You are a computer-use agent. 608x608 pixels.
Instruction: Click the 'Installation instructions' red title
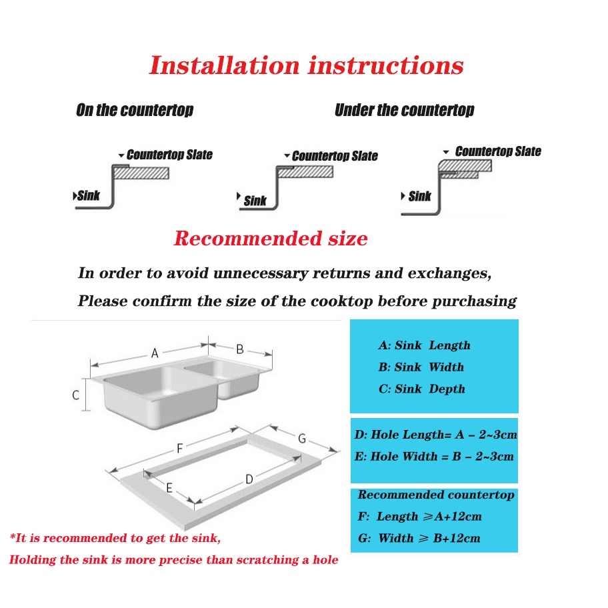tap(306, 66)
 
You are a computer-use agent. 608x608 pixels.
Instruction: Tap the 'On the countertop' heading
tap(135, 110)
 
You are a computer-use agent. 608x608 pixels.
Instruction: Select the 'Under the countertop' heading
tap(404, 110)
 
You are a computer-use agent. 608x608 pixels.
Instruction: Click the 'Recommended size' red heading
tap(271, 238)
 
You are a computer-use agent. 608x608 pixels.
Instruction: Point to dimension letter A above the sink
tap(155, 353)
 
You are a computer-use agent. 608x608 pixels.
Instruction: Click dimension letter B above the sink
tap(240, 349)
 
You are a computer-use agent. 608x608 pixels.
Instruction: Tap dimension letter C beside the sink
tap(76, 395)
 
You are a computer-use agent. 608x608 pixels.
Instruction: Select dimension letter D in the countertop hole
tap(249, 479)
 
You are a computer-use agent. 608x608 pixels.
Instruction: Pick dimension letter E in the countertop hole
tap(169, 489)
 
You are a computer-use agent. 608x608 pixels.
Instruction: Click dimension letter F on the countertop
tap(179, 449)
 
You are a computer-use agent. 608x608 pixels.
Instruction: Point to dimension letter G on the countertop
tap(302, 439)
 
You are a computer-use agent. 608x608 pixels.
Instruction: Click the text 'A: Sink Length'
tap(424, 345)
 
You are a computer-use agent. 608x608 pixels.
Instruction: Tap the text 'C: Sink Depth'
tap(421, 389)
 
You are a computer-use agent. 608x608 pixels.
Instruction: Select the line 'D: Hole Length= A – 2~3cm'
tap(435, 435)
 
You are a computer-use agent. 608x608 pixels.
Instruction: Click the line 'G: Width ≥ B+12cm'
tap(419, 538)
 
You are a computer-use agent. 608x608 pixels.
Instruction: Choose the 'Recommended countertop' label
tap(435, 495)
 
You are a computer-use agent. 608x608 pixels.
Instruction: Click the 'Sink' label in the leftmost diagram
tap(88, 196)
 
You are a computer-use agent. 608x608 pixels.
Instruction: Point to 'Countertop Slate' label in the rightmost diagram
tap(497, 151)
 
